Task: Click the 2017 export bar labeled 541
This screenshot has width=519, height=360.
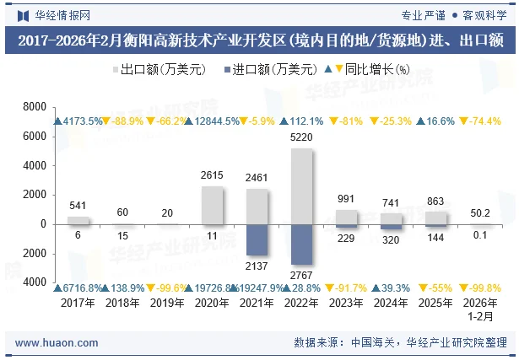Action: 78,220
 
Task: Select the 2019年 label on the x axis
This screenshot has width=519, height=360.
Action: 168,303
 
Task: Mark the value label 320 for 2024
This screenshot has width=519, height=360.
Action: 392,239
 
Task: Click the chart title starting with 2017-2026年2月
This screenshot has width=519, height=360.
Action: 259,40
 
